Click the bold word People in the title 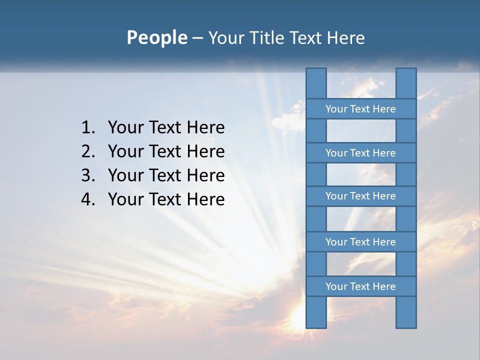click(156, 38)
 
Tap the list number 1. click(87, 128)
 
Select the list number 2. click(87, 151)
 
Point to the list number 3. click(87, 175)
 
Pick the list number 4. click(87, 199)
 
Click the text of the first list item click(166, 128)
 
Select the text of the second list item click(166, 151)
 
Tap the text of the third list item click(166, 175)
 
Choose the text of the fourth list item click(166, 199)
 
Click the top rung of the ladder click(360, 109)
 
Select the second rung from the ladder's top click(360, 153)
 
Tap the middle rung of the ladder click(360, 196)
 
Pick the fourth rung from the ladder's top click(360, 242)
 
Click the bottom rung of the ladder click(360, 286)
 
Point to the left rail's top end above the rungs click(316, 83)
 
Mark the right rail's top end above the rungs click(406, 83)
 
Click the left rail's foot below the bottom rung click(316, 312)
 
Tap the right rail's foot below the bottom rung click(406, 312)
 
